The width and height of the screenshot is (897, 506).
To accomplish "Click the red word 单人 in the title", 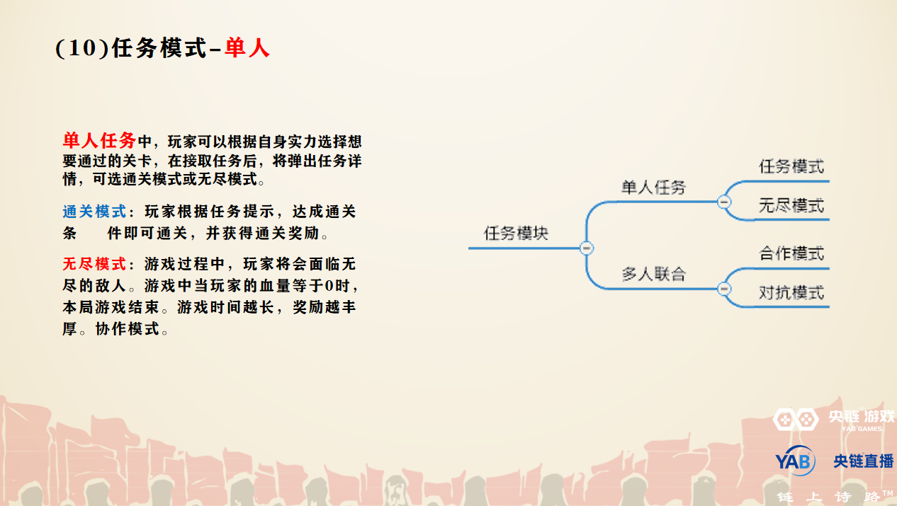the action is click(247, 48).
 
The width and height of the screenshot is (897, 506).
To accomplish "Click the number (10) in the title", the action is click(82, 48).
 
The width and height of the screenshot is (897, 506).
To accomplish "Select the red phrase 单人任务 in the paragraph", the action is click(99, 141).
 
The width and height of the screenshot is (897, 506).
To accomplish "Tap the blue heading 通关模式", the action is click(94, 212).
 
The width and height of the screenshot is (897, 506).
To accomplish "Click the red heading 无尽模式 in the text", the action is click(94, 264).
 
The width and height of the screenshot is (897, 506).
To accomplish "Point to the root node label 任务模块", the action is click(517, 234).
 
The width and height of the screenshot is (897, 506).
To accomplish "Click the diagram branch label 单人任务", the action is click(653, 188).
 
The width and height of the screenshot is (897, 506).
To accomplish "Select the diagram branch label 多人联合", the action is click(653, 274).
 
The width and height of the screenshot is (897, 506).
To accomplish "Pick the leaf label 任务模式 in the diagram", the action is click(791, 166).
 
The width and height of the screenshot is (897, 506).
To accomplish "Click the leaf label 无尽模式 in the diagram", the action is click(791, 206).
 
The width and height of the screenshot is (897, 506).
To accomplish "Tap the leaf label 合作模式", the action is click(791, 253).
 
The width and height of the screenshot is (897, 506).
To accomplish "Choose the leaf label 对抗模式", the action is click(791, 293).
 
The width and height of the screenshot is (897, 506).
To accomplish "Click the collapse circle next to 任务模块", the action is click(586, 248).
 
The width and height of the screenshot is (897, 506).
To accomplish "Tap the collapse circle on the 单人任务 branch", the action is click(724, 202).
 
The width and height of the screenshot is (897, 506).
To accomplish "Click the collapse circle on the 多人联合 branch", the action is click(724, 289).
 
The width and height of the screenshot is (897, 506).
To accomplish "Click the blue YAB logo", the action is click(795, 461).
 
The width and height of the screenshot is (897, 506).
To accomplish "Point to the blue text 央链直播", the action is click(864, 461).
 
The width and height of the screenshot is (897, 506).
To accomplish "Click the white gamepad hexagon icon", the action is click(795, 419).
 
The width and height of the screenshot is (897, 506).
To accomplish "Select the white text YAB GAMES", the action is click(862, 429).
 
